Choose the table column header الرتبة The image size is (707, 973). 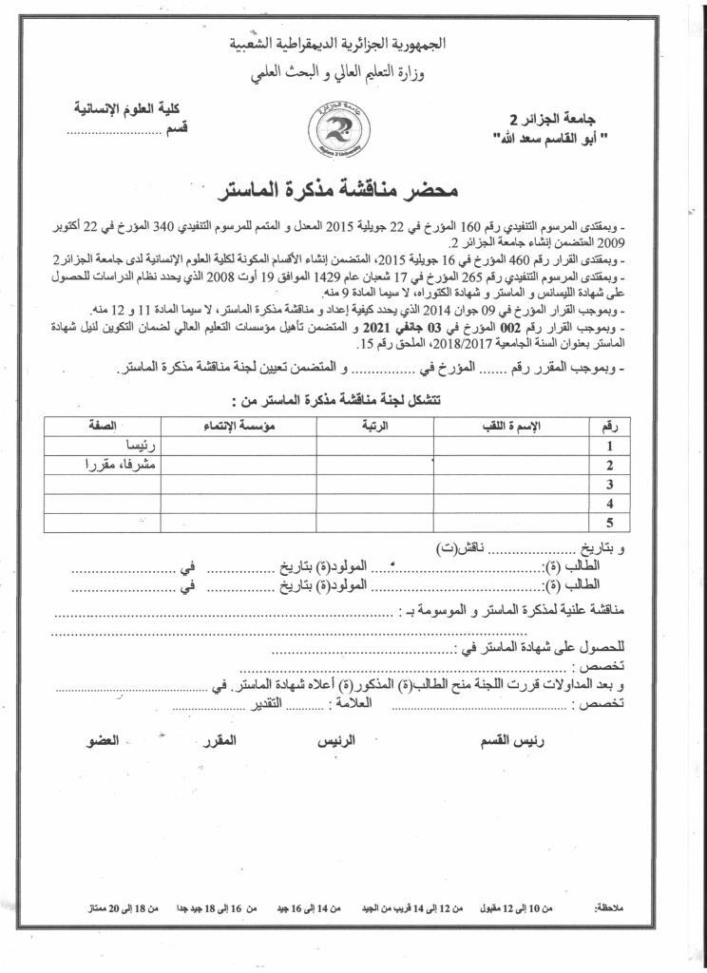pyautogui.click(x=374, y=427)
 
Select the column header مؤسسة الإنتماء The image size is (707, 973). pyautogui.click(x=238, y=427)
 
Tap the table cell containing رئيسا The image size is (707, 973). pyautogui.click(x=143, y=446)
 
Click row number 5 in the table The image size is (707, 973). pyautogui.click(x=609, y=523)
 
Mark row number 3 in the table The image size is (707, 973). pyautogui.click(x=609, y=485)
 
